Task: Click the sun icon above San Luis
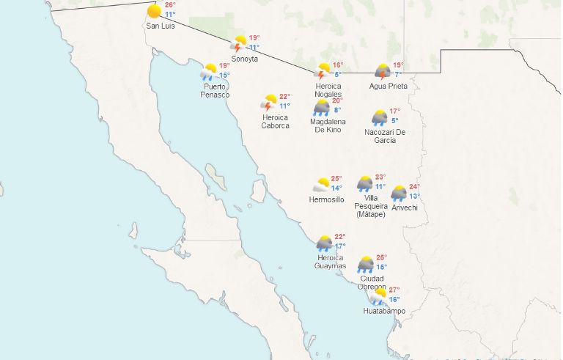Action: pyautogui.click(x=154, y=12)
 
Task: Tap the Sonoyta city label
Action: pyautogui.click(x=244, y=59)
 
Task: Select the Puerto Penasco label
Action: pyautogui.click(x=216, y=91)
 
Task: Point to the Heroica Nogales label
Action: pyautogui.click(x=328, y=90)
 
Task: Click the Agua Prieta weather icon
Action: pyautogui.click(x=383, y=71)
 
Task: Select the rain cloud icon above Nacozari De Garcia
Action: pyautogui.click(x=380, y=117)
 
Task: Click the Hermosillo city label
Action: pyautogui.click(x=326, y=199)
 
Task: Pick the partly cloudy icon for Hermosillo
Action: pyautogui.click(x=321, y=185)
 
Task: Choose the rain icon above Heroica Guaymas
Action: pyautogui.click(x=324, y=243)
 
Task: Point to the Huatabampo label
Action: pyautogui.click(x=384, y=311)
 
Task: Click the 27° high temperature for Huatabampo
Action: pyautogui.click(x=394, y=290)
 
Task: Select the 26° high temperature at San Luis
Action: pyautogui.click(x=170, y=5)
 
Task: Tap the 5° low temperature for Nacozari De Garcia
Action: pyautogui.click(x=394, y=121)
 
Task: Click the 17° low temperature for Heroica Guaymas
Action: pyautogui.click(x=340, y=246)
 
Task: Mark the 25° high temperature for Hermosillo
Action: pyautogui.click(x=336, y=179)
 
